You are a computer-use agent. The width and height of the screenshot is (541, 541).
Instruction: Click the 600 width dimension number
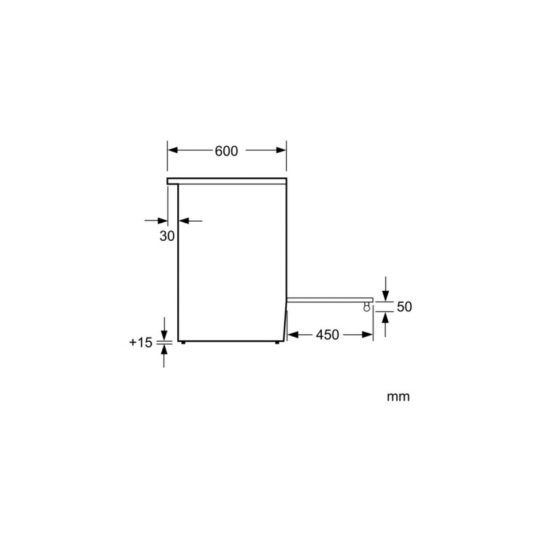(227, 151)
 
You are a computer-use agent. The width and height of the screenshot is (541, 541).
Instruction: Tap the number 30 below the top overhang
(167, 236)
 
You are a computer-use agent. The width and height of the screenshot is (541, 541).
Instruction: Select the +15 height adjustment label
(141, 343)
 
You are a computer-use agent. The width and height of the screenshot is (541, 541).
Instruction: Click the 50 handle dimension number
(404, 307)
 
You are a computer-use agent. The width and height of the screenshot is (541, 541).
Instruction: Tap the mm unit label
(398, 397)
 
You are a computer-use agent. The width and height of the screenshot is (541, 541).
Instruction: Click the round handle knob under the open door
(367, 307)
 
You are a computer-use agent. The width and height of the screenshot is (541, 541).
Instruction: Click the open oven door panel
(329, 298)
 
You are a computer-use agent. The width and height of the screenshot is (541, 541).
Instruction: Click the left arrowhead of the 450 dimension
(292, 335)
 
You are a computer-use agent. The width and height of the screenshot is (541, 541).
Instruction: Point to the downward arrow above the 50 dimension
(385, 296)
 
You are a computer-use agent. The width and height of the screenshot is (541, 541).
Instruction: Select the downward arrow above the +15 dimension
(164, 335)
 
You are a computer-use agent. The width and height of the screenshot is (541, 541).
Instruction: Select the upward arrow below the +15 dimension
(164, 350)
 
